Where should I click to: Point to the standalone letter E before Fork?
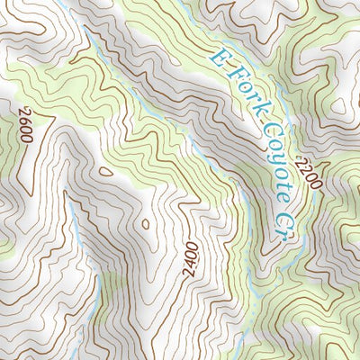[220, 57]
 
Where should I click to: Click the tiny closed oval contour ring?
[144, 224]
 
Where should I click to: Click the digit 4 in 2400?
[193, 256]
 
